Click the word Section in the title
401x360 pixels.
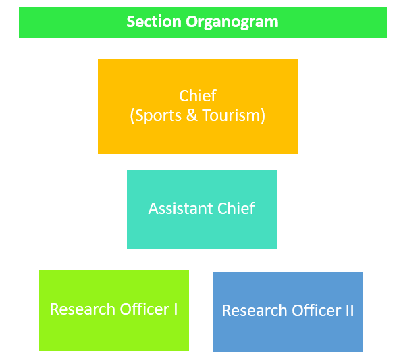154,22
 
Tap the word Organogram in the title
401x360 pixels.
232,22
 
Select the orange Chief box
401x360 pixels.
198,106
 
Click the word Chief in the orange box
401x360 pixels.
198,96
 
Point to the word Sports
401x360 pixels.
158,116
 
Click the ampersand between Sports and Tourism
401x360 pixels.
192,115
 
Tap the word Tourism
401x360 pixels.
231,115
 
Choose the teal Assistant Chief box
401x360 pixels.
202,209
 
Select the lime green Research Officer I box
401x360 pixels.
114,310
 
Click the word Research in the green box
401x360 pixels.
82,309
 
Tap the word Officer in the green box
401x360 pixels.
144,309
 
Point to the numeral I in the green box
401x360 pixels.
176,309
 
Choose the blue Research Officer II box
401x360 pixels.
288,311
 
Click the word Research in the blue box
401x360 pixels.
255,311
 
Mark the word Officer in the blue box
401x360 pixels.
317,311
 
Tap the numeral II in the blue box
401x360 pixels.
350,311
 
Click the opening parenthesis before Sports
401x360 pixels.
132,116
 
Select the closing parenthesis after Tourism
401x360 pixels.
263,116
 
